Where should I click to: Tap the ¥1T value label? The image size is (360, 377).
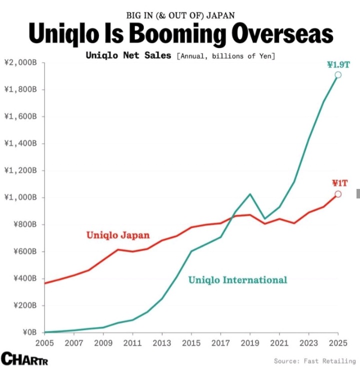[339, 183]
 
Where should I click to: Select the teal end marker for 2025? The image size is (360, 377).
[338, 75]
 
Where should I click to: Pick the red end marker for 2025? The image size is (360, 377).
[338, 194]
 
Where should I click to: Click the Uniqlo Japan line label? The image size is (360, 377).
[118, 235]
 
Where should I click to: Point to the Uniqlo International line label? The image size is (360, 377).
[237, 280]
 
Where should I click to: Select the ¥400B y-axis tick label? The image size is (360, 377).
[23, 278]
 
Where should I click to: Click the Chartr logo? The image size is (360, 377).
[24, 358]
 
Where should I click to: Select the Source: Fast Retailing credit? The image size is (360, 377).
[314, 361]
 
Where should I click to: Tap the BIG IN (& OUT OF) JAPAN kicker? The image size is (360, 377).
[180, 15]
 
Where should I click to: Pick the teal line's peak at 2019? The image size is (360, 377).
[250, 194]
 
